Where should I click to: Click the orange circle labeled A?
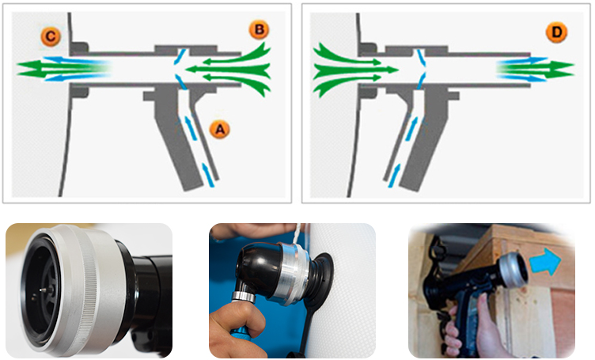220,130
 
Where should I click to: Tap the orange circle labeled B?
260,30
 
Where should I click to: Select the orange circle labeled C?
51,37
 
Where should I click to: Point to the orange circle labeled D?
556,32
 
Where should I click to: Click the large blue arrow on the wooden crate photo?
545,261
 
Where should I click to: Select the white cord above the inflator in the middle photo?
297,233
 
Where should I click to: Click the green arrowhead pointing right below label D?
561,70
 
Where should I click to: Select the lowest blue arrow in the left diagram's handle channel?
207,175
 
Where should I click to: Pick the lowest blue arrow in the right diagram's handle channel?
394,176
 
